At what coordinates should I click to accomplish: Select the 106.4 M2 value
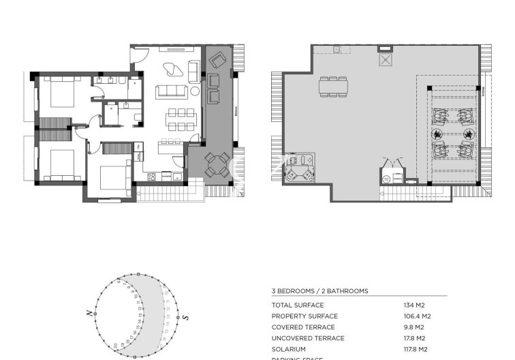(417, 316)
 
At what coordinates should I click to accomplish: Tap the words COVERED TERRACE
(298, 327)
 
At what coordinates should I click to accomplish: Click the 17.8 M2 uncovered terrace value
(414, 338)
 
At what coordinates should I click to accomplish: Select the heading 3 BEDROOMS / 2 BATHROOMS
(319, 291)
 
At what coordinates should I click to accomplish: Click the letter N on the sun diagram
(89, 313)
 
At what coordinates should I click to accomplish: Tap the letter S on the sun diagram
(185, 317)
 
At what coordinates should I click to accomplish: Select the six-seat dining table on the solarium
(334, 86)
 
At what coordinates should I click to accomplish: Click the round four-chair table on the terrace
(217, 164)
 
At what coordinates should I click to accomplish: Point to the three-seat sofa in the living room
(172, 91)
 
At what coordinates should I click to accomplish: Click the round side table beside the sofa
(195, 91)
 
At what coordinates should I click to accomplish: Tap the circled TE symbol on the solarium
(386, 179)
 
